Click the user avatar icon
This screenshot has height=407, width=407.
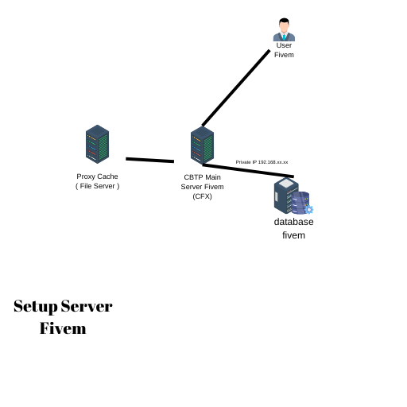(284, 30)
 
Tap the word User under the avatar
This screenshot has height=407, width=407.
(284, 45)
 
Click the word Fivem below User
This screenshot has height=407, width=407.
(284, 55)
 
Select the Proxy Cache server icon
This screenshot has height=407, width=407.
(97, 144)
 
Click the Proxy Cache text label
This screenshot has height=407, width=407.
(97, 176)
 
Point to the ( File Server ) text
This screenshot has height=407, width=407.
(97, 186)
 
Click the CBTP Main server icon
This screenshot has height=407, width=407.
(202, 145)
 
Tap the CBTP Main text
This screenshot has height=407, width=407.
(202, 177)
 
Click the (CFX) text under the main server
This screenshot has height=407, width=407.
(202, 196)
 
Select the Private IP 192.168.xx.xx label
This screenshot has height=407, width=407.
(262, 162)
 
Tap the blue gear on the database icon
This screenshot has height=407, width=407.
(309, 210)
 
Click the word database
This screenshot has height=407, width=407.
(293, 222)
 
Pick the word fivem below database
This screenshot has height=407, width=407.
(293, 235)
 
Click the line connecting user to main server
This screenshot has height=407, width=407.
(236, 87)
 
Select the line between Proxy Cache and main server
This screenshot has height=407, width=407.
(149, 160)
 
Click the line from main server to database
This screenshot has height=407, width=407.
(248, 171)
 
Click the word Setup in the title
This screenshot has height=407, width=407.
(35, 306)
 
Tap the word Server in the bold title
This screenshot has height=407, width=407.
(87, 306)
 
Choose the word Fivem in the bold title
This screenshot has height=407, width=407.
(63, 328)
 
